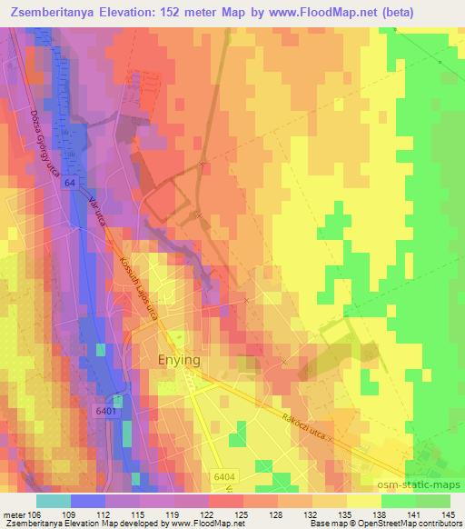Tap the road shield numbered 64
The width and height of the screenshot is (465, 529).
click(x=70, y=184)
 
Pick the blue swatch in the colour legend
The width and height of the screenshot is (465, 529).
click(x=87, y=500)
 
